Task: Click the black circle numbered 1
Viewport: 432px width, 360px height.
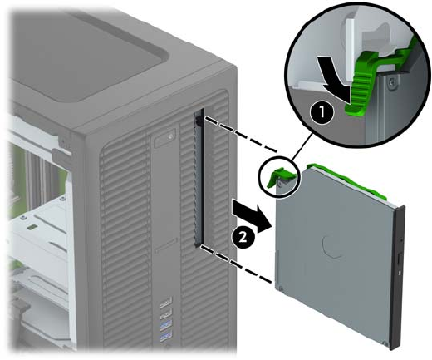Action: point(322,113)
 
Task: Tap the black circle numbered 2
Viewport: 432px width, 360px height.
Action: point(243,238)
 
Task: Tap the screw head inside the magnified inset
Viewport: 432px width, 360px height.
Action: point(391,82)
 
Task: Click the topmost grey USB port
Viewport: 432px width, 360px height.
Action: point(165,301)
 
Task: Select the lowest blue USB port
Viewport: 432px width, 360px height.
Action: point(165,334)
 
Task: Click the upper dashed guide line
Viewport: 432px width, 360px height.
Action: point(241,135)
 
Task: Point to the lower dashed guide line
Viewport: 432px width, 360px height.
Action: point(235,264)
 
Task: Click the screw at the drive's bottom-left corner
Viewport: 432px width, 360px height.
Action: point(280,289)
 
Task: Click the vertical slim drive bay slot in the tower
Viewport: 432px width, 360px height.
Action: point(199,177)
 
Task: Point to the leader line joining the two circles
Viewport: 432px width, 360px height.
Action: point(302,147)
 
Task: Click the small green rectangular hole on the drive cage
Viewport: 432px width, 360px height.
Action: point(32,227)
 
